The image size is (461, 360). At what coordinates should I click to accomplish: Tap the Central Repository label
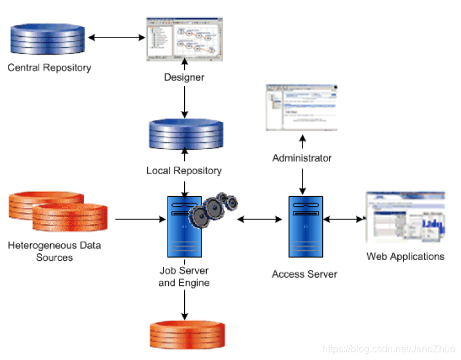(49, 67)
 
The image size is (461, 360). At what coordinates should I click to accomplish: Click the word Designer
(184, 77)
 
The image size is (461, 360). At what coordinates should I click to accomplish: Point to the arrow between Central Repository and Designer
(117, 37)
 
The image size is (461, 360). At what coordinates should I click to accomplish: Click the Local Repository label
(184, 170)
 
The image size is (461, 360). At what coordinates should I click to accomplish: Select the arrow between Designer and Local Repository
(184, 102)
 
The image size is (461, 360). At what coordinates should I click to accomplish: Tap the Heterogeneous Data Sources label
(55, 251)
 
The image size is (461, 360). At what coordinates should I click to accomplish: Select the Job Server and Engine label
(184, 277)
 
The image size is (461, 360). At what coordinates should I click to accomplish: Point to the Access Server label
(304, 274)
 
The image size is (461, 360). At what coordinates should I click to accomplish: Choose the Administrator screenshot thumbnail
(302, 107)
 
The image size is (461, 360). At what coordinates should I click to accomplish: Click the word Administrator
(302, 158)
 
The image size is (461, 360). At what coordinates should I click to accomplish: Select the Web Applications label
(405, 256)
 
